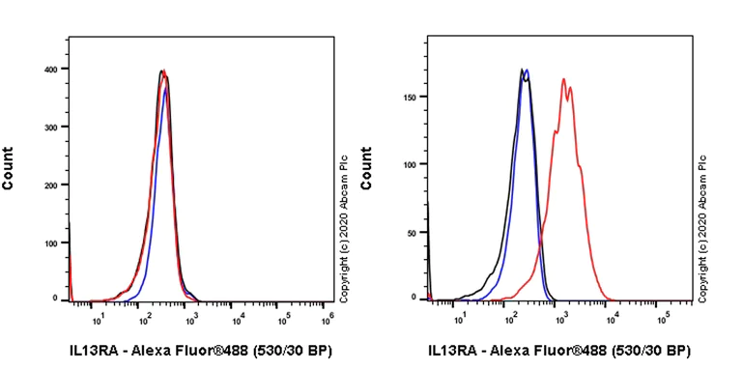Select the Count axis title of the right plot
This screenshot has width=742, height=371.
click(366, 167)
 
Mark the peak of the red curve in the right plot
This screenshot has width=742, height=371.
click(563, 79)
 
